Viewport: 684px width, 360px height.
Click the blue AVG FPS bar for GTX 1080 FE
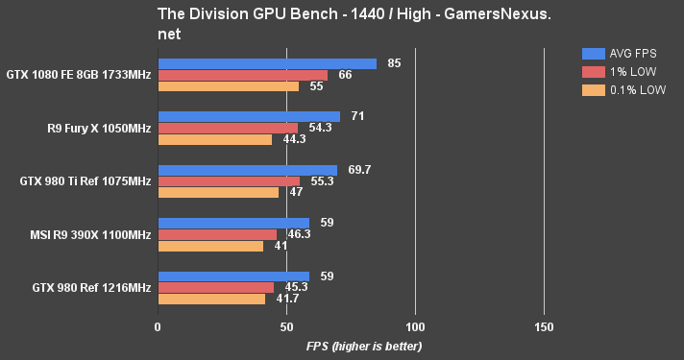coord(267,64)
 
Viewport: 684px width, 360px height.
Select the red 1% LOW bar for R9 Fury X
coord(228,128)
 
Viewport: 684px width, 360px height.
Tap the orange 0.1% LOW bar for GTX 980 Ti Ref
coord(218,192)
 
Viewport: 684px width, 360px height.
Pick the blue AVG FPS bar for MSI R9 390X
coord(233,223)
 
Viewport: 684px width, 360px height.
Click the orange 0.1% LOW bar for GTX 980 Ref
coord(211,299)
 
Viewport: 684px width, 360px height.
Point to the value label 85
coord(394,63)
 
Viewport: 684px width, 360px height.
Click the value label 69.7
coord(359,170)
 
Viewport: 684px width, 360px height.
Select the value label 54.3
coord(320,128)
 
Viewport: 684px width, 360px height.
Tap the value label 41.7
coord(286,299)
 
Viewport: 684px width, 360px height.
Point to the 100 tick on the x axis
coord(415,326)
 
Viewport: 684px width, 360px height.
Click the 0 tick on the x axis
coord(158,326)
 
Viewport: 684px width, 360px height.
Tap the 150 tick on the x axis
coord(544,326)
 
